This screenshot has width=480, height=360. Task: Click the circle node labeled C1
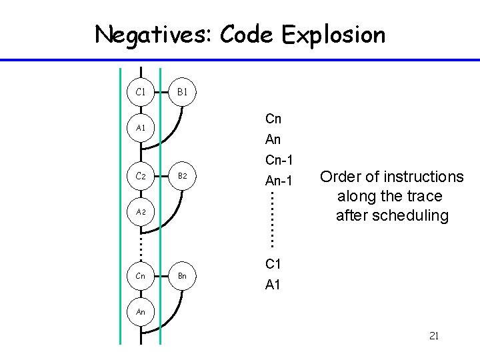click(x=141, y=91)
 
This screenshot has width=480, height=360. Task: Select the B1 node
click(x=181, y=91)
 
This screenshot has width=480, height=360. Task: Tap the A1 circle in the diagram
click(x=141, y=127)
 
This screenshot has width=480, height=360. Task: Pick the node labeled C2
click(x=141, y=176)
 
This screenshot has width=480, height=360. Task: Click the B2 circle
click(x=181, y=176)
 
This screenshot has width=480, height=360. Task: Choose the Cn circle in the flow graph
click(x=141, y=275)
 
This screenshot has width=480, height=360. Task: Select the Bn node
click(x=181, y=275)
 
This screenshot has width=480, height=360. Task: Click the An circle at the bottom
click(x=141, y=311)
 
